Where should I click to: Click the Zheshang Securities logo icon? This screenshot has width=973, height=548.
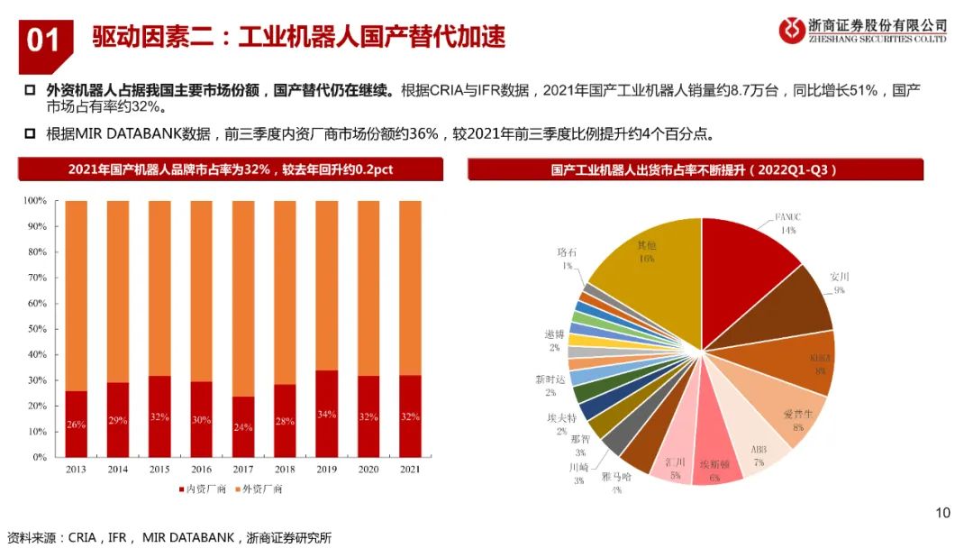(x=793, y=30)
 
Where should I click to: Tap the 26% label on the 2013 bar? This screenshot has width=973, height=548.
(x=77, y=424)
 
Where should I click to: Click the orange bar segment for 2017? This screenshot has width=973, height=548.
(x=243, y=297)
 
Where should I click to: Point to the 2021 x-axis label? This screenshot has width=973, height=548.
(x=410, y=470)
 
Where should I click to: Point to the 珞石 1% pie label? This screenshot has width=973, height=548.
(x=568, y=260)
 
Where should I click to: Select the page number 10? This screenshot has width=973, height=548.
(x=942, y=513)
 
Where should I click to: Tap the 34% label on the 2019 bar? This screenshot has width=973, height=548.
(x=326, y=414)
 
